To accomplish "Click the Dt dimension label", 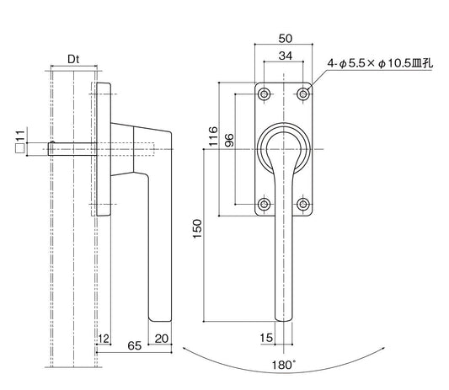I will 73,60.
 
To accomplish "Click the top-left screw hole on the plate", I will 265,93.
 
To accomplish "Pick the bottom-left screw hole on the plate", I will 265,203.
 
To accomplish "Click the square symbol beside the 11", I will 18,148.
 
